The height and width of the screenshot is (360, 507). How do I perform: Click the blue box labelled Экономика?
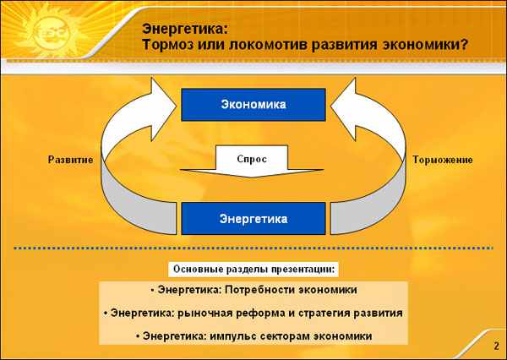(253, 105)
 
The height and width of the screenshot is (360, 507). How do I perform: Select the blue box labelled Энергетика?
(253, 219)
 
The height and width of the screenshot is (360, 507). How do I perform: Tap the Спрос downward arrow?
(252, 161)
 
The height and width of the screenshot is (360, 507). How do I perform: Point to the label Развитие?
(70, 160)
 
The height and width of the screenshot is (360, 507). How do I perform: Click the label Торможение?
(442, 160)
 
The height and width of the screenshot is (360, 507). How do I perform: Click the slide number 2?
(496, 346)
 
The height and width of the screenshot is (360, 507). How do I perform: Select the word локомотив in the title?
(268, 45)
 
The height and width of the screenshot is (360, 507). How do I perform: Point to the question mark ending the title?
(465, 44)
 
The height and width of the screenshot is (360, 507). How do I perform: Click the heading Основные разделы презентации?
(253, 269)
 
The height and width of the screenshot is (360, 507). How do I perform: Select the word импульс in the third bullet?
(232, 336)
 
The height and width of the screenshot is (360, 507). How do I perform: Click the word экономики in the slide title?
(422, 45)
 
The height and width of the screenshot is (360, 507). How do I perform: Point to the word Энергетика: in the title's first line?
(185, 29)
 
